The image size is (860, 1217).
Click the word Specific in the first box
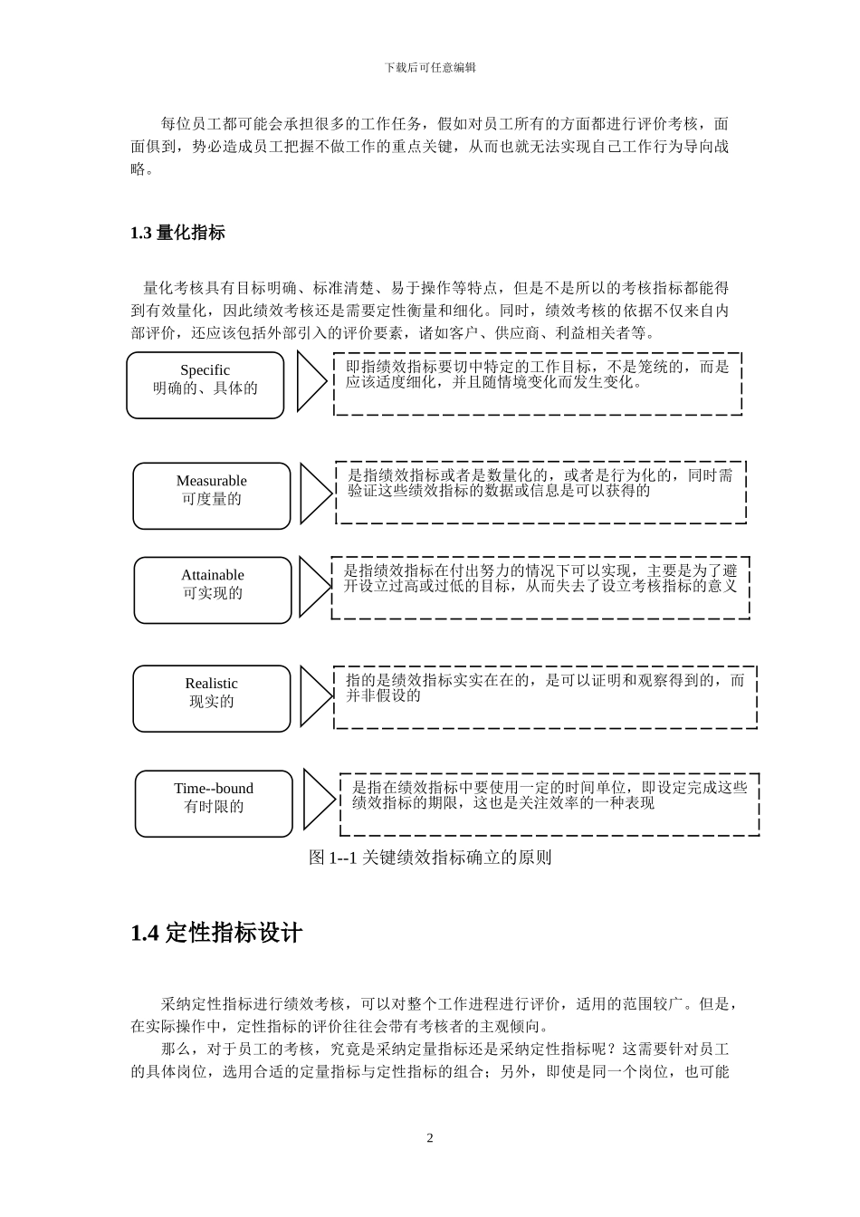click(x=205, y=370)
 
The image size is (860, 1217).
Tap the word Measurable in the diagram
click(x=211, y=481)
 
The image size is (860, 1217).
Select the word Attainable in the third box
click(x=213, y=575)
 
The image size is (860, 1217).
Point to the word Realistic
click(x=211, y=684)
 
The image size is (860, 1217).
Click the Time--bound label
click(x=214, y=789)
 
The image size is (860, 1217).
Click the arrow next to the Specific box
click(x=311, y=382)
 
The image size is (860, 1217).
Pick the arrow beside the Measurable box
click(x=315, y=494)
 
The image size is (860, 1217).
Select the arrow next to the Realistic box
click(x=315, y=696)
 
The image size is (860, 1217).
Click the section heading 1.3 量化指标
click(x=177, y=233)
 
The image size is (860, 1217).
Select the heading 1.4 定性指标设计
click(x=216, y=934)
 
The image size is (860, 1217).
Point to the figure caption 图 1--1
click(x=430, y=858)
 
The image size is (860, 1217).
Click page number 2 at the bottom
click(x=430, y=1138)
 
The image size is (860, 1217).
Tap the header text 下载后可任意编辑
click(x=430, y=67)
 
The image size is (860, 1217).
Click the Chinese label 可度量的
click(x=211, y=499)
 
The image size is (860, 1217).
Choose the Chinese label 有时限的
click(x=214, y=807)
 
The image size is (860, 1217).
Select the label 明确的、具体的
click(x=205, y=388)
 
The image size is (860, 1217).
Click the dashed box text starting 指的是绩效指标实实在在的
click(x=544, y=687)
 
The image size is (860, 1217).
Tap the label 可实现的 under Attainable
click(x=213, y=593)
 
